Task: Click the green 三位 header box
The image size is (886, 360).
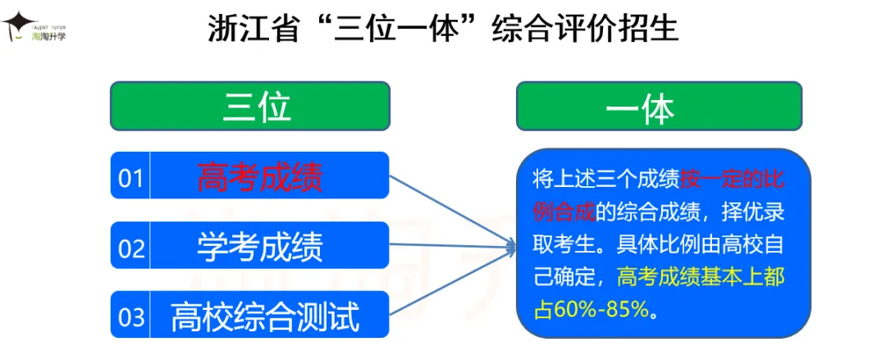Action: click(250, 107)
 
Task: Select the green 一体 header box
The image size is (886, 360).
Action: click(659, 107)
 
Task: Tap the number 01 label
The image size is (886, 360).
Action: click(130, 177)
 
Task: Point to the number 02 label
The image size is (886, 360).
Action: click(130, 247)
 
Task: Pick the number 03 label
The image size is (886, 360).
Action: click(130, 317)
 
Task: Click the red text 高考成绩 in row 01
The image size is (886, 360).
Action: click(260, 176)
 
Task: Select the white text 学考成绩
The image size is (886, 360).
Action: click(260, 246)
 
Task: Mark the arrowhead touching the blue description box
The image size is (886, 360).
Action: click(509, 244)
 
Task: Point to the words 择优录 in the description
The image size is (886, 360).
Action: click(756, 212)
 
